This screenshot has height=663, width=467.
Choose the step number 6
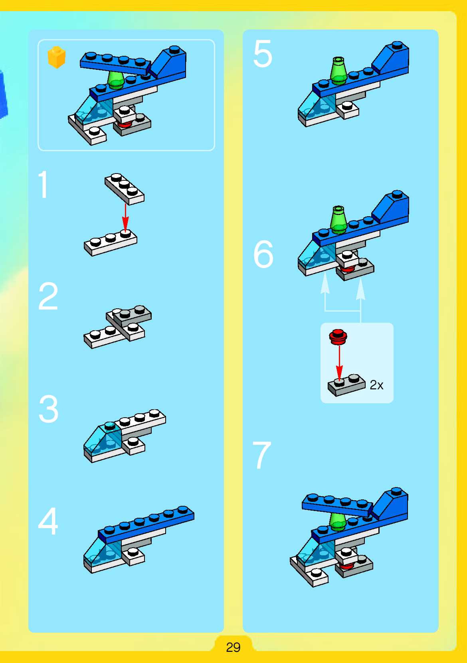click(x=263, y=254)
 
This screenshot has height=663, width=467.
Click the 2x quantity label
click(x=376, y=385)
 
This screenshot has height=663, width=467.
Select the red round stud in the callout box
click(x=338, y=337)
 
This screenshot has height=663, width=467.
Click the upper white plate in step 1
click(x=124, y=189)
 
